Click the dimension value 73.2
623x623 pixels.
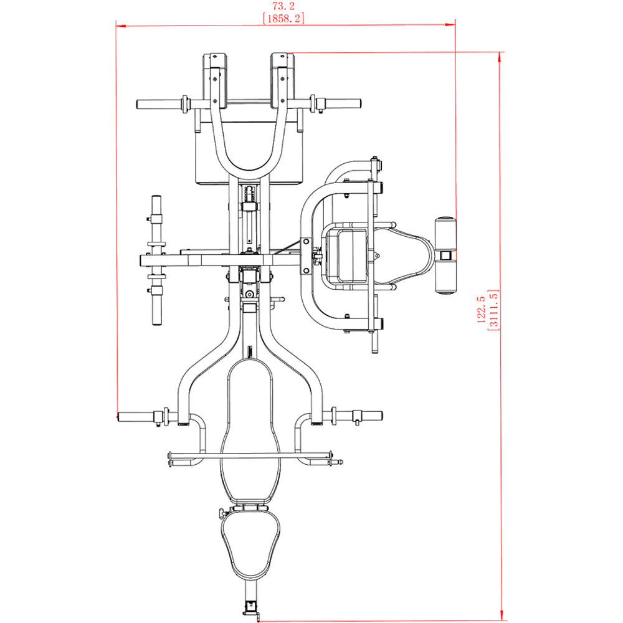[283, 6]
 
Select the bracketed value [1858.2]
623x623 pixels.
[283, 18]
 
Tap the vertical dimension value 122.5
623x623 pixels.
[481, 309]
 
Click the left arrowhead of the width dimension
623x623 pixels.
[121, 26]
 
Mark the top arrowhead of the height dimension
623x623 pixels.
[500, 57]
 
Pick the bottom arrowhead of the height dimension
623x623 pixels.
[502, 616]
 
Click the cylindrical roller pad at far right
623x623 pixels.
[445, 255]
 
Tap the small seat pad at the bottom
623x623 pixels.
[250, 545]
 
